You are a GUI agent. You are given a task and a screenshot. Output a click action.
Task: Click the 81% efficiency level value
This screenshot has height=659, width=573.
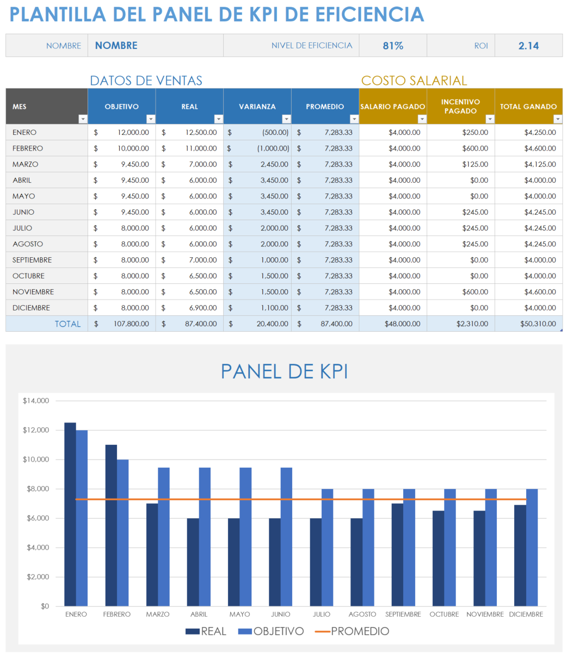tap(392, 46)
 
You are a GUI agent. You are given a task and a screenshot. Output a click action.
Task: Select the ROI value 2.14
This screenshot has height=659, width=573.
tap(528, 46)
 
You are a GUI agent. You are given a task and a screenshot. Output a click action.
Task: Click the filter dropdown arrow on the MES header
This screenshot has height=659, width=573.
tap(83, 119)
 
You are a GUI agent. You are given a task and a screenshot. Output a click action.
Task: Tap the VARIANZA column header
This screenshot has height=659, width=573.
tap(257, 107)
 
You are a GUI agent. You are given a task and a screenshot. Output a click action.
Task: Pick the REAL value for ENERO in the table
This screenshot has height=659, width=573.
tap(189, 132)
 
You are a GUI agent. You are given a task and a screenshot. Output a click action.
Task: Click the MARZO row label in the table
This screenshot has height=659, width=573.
tap(26, 164)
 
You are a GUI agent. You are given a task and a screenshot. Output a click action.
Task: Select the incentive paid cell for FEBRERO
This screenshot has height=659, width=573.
tap(460, 148)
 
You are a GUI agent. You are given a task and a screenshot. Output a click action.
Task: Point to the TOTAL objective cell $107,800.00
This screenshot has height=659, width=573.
tap(122, 324)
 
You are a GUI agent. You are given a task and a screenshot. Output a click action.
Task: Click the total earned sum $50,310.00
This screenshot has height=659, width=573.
tap(528, 324)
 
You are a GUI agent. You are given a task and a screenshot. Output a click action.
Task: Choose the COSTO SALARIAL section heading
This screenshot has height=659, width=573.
tap(414, 81)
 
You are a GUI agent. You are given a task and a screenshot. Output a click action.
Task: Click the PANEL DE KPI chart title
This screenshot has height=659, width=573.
tap(284, 372)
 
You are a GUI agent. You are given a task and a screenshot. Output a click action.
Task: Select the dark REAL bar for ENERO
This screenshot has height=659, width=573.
tap(70, 514)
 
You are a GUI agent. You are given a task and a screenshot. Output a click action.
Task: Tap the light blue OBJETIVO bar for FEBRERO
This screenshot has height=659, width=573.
tap(123, 532)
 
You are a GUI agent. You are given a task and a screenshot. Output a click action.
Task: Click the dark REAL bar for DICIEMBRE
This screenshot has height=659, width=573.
tap(520, 555)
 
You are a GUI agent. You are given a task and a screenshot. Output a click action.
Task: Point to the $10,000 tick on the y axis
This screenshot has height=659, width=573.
tap(36, 459)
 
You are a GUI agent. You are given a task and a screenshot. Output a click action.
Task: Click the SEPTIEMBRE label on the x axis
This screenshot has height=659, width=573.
tap(403, 614)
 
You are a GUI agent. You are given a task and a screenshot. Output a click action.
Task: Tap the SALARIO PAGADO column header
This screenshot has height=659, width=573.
tap(392, 107)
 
